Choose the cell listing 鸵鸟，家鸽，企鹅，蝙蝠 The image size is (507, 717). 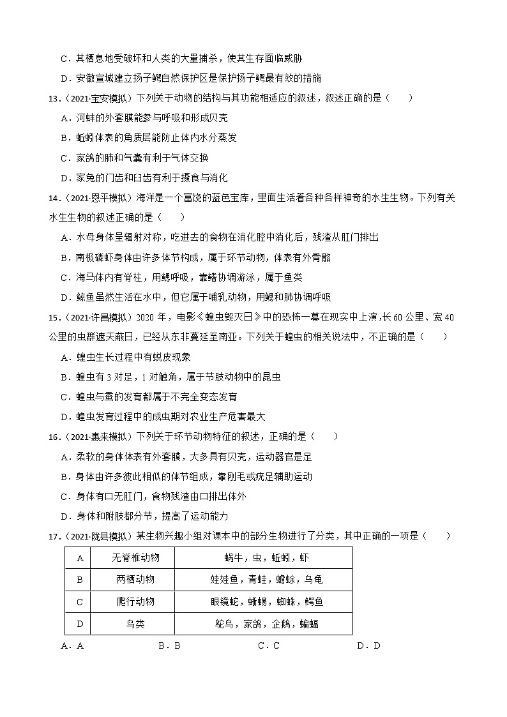coord(264,623)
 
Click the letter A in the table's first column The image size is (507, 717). coord(80,558)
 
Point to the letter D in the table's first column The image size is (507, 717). coord(80,623)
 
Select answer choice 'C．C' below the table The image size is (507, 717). coord(269,645)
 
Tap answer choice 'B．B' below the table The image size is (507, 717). coord(169,645)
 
